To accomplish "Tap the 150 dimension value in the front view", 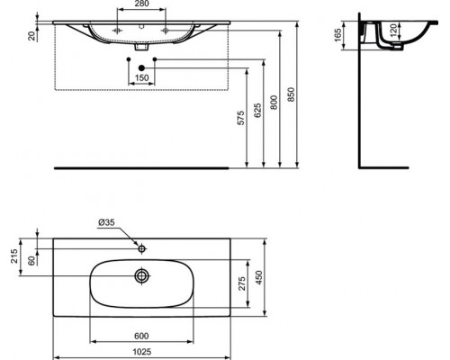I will click(142, 78).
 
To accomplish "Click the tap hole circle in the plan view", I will click(142, 247).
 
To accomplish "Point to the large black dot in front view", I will click(142, 68).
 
